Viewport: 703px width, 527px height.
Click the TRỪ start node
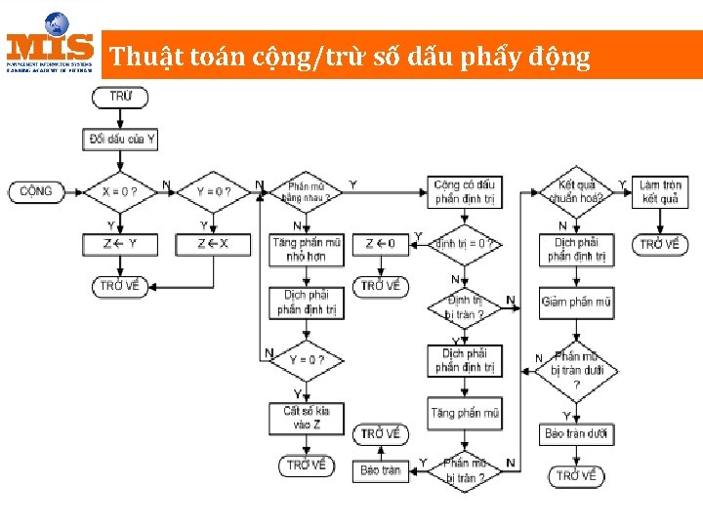[120, 97]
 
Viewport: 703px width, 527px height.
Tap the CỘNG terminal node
[36, 191]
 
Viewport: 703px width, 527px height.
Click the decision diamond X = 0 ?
[120, 192]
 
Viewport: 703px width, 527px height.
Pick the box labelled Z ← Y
[120, 244]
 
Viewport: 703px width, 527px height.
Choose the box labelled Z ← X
[213, 244]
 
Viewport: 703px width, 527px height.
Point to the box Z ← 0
[380, 244]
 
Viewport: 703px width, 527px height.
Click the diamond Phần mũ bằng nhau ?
[306, 191]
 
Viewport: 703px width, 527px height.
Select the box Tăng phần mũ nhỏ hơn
[306, 250]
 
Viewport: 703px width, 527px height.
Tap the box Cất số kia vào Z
[306, 418]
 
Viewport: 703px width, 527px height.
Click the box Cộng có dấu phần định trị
[466, 191]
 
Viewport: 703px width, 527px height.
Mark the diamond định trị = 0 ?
[465, 244]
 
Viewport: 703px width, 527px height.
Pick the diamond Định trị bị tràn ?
[465, 306]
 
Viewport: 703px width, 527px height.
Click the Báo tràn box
[380, 470]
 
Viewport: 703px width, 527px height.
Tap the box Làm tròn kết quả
[660, 191]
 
